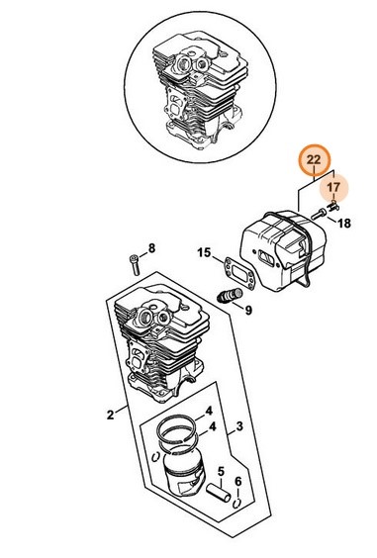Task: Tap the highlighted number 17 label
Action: point(335,186)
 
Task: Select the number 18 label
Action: point(345,224)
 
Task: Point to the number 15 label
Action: point(203,252)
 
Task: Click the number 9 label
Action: point(247,310)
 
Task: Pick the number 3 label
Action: point(237,428)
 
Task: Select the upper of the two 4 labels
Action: point(209,411)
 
